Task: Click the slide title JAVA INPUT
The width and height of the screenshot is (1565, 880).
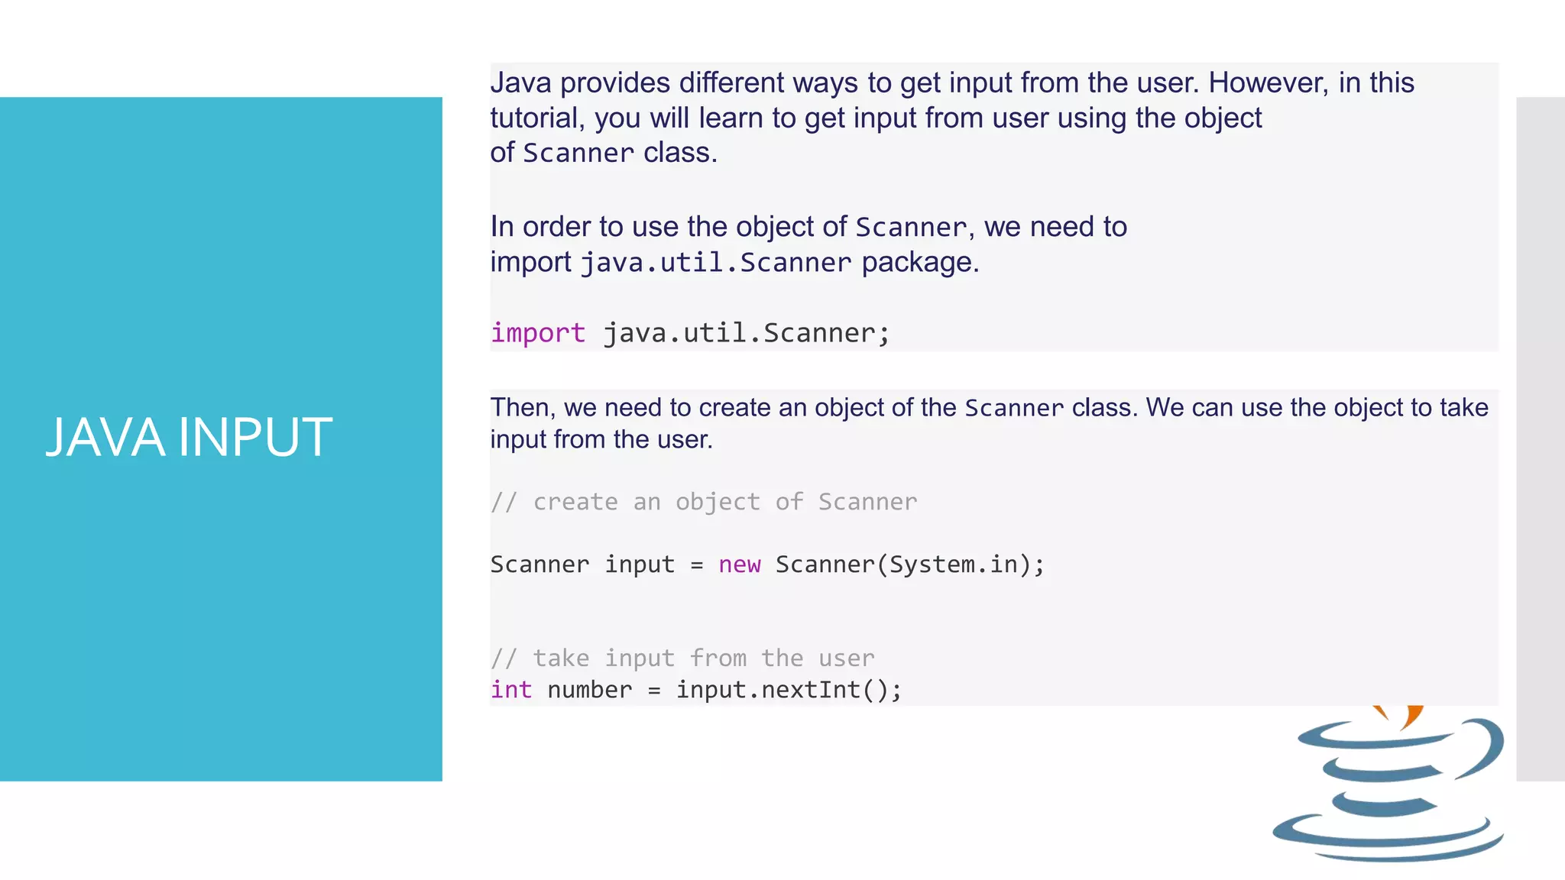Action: tap(189, 438)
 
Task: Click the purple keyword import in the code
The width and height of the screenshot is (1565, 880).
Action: tap(538, 334)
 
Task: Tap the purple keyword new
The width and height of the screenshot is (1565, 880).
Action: tap(739, 565)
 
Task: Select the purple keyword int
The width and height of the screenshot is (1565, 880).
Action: tap(510, 690)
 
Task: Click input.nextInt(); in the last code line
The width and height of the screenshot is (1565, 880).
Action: tap(789, 690)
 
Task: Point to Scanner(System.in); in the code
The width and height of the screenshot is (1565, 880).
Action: tap(909, 565)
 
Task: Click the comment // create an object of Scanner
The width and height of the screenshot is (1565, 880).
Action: tap(703, 502)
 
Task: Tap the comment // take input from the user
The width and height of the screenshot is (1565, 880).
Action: tap(682, 658)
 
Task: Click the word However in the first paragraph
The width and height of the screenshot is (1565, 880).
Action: tap(1268, 82)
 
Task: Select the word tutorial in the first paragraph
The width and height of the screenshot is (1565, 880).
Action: tap(536, 118)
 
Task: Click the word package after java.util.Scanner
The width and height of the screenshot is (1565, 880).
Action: tap(920, 262)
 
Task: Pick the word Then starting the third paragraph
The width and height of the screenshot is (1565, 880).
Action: tap(522, 407)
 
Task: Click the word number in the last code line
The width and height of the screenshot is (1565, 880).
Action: tap(589, 690)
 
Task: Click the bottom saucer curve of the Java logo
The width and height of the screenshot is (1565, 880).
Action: tap(1387, 840)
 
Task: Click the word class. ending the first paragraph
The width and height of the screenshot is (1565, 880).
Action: tap(680, 153)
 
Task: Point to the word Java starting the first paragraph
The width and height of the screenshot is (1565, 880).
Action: tap(520, 82)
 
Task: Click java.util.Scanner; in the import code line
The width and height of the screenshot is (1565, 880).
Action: tap(747, 334)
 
